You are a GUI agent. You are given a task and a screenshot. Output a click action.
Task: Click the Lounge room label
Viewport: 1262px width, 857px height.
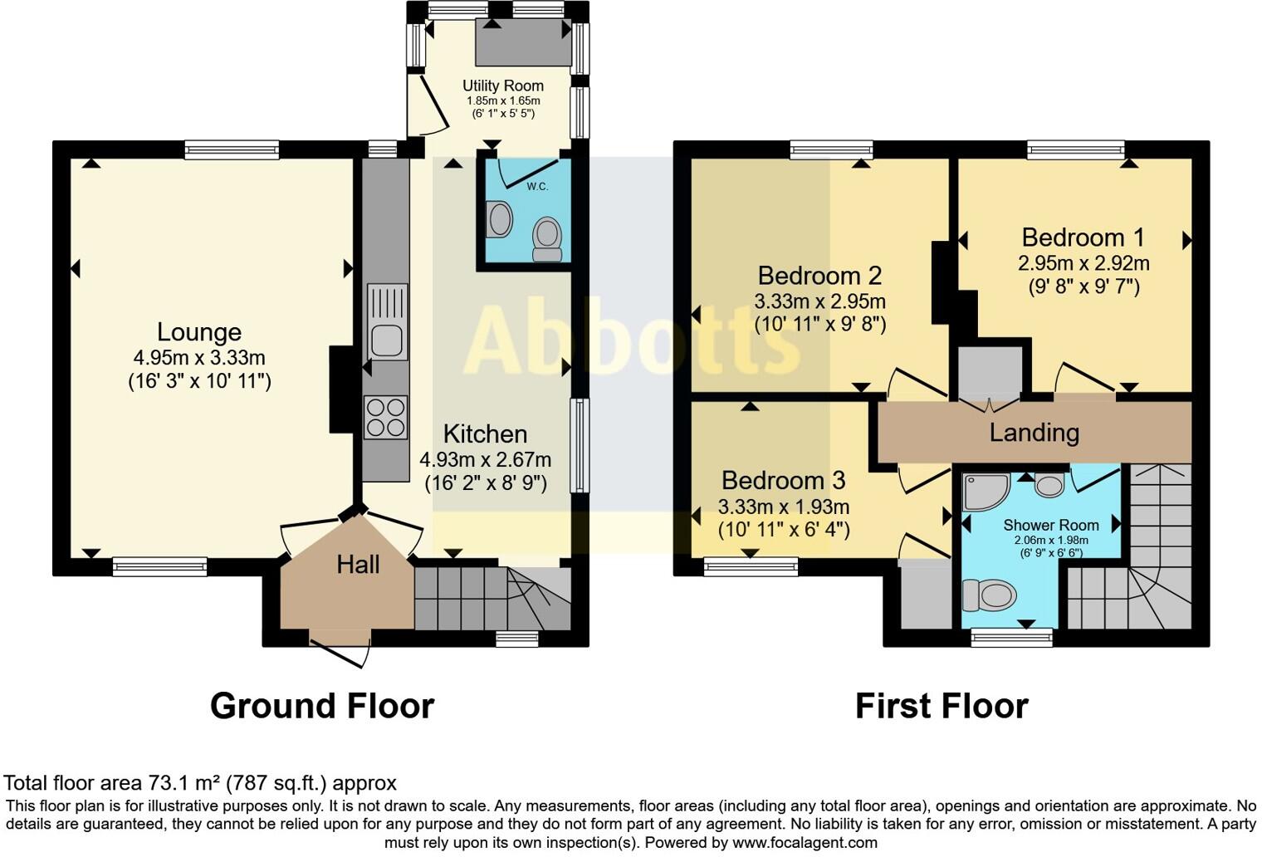tap(199, 332)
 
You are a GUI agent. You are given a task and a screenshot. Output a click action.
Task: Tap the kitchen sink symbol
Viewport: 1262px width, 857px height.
tap(387, 321)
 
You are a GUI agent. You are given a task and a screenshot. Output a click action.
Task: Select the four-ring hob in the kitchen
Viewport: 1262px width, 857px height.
tap(386, 417)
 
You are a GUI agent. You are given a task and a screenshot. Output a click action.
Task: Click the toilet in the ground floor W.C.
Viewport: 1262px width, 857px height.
tap(547, 238)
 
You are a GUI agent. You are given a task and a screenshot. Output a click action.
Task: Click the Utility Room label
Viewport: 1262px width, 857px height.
tap(503, 86)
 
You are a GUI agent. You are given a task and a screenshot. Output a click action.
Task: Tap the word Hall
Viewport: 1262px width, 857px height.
tap(358, 565)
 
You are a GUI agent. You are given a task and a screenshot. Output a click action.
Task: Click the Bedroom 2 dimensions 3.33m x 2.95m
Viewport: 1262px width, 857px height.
tap(819, 301)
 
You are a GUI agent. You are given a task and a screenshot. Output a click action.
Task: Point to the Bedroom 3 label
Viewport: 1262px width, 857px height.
tap(783, 480)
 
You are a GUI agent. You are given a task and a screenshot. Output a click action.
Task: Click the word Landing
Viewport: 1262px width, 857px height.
tap(1034, 433)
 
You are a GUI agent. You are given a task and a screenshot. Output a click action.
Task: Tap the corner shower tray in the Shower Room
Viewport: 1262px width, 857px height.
tap(985, 491)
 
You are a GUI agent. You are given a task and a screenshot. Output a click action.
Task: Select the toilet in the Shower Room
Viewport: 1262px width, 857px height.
tap(990, 595)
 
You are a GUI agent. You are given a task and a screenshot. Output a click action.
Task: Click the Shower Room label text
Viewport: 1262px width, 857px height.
tap(1050, 525)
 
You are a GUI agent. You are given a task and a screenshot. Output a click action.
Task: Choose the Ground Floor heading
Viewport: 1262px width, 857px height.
tap(322, 706)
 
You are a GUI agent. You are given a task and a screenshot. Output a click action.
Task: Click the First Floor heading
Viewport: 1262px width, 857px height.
tap(942, 706)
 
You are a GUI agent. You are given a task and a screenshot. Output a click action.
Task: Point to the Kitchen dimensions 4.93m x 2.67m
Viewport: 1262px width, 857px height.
tap(486, 459)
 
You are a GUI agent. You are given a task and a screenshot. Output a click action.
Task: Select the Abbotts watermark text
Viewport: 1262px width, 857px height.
tap(631, 340)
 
